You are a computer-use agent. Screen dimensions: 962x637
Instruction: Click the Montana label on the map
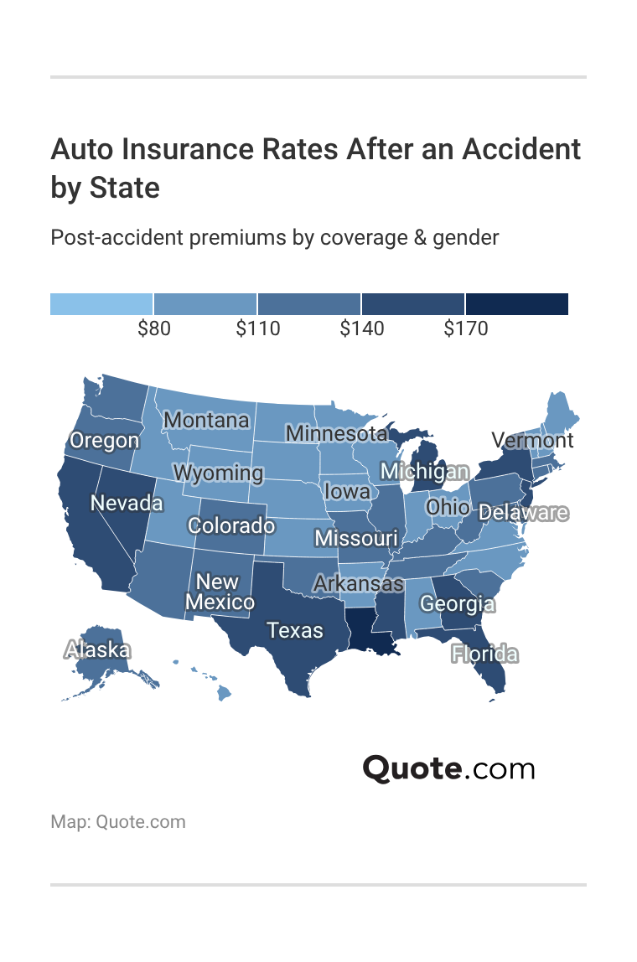(x=206, y=420)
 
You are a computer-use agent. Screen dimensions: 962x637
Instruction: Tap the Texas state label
(x=295, y=630)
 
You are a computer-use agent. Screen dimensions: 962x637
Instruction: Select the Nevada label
(x=127, y=503)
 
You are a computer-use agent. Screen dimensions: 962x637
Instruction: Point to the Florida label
(x=484, y=654)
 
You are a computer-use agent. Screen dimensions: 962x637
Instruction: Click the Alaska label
(x=97, y=649)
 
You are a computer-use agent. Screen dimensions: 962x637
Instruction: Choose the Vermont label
(x=532, y=440)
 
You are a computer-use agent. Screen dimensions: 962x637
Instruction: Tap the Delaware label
(x=522, y=513)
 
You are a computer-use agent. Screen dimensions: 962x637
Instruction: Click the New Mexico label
(x=219, y=592)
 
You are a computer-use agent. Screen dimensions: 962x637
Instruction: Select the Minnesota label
(x=336, y=433)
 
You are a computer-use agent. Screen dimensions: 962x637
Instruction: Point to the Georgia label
(x=457, y=603)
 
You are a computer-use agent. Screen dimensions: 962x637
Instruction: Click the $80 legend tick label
(x=153, y=329)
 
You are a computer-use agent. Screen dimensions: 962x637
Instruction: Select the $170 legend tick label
(x=465, y=329)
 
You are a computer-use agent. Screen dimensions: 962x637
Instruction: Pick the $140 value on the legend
(x=361, y=329)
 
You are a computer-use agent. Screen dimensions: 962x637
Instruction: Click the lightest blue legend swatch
(x=101, y=304)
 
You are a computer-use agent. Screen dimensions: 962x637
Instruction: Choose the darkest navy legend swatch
(x=517, y=304)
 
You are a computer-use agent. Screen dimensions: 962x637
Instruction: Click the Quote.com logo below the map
(x=448, y=768)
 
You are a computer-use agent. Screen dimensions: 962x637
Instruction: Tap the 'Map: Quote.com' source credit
(x=118, y=821)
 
